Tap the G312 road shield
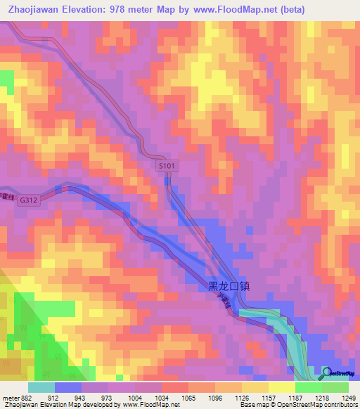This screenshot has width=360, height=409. tap(29, 200)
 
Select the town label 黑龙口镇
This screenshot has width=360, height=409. tap(229, 287)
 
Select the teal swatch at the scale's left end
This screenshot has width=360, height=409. tap(41, 387)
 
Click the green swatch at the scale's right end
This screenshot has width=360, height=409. tap(335, 387)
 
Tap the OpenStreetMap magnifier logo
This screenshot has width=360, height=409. tap(326, 372)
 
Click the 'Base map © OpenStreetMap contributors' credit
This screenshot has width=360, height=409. tap(298, 405)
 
